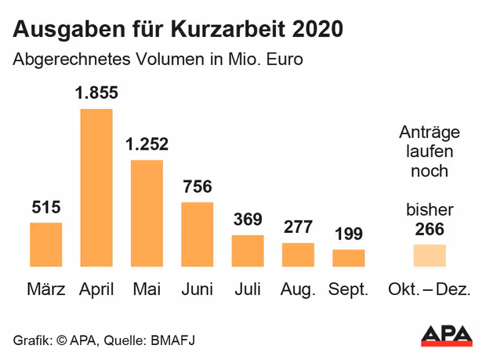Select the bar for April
click(x=96, y=188)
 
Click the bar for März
click(x=46, y=245)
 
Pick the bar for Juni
click(x=197, y=235)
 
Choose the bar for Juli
click(x=248, y=250)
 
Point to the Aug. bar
click(x=298, y=255)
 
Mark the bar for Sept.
click(x=349, y=258)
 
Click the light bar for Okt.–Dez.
click(x=430, y=256)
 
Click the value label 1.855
click(x=96, y=93)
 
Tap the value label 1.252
click(x=147, y=144)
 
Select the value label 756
click(x=197, y=187)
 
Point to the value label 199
click(x=349, y=234)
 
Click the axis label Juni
click(x=197, y=289)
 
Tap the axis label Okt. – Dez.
click(x=430, y=289)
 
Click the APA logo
click(x=447, y=335)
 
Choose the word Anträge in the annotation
click(x=430, y=132)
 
